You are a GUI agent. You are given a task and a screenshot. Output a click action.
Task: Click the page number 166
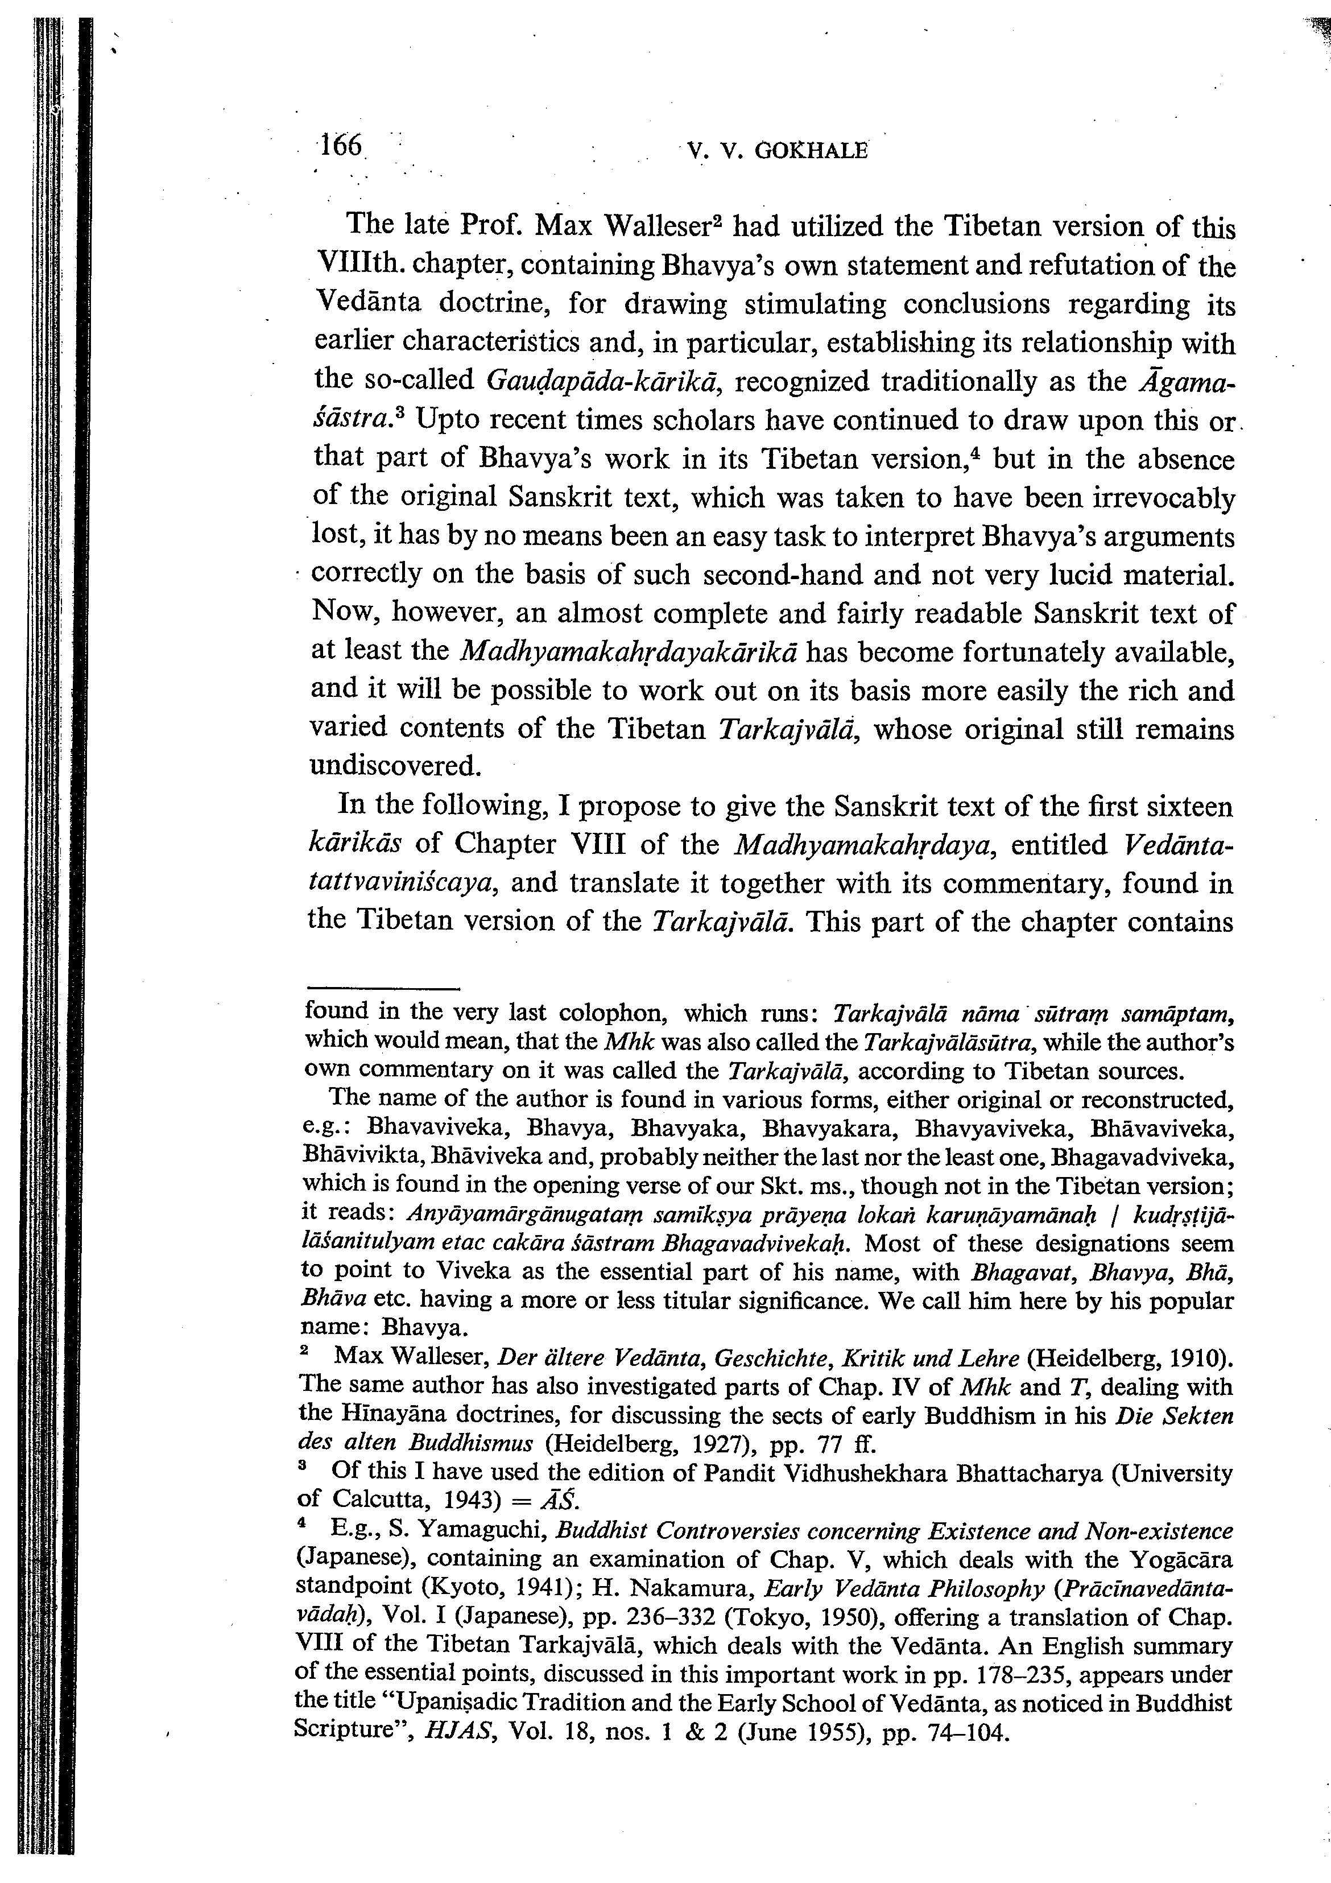340,146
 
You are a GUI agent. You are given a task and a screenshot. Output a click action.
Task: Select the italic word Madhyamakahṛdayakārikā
631,652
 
